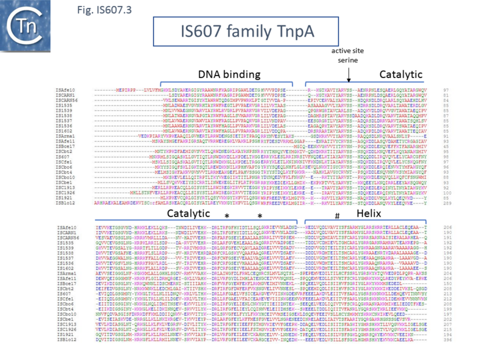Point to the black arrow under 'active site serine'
click(349, 77)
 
